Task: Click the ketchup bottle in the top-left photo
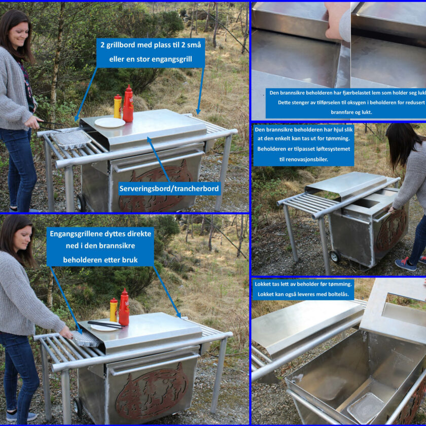(x=128, y=104)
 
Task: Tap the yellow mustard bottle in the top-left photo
(x=118, y=106)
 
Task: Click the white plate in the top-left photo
(x=110, y=123)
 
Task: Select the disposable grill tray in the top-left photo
(x=71, y=139)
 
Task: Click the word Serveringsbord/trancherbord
(x=169, y=189)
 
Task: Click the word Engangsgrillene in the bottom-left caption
(x=72, y=234)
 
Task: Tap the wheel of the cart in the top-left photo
(x=81, y=203)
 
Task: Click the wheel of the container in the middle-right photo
(x=335, y=256)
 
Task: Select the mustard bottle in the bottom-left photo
(x=114, y=310)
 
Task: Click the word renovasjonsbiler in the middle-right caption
(x=303, y=159)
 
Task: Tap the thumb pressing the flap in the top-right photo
(x=333, y=32)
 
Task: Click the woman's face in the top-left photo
(x=18, y=35)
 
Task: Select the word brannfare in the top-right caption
(x=341, y=112)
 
